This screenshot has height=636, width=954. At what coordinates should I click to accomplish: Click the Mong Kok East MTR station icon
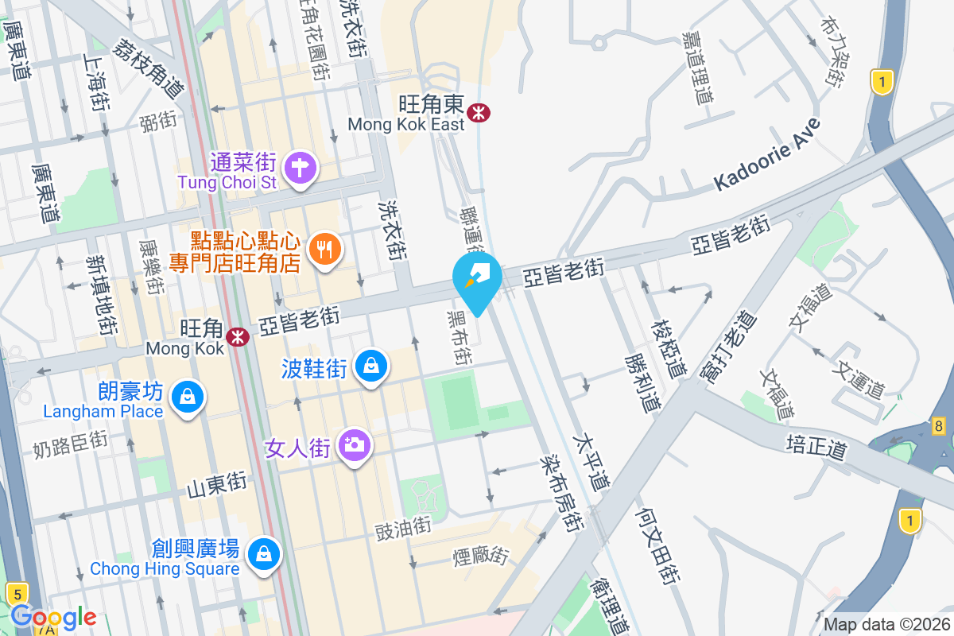pos(479,112)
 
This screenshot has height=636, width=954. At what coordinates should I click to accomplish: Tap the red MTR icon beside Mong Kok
pos(237,336)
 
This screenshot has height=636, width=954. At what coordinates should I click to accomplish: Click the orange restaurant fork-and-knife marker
pos(324,249)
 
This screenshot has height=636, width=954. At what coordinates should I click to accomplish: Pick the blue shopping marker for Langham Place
pos(188,396)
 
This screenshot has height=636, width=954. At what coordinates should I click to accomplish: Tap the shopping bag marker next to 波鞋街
pos(370,366)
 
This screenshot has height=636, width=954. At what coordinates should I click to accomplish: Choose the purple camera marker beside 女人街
pos(354,444)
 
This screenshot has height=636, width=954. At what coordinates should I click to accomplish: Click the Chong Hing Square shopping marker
pos(262,554)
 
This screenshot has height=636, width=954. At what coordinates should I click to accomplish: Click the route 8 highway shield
pos(939,427)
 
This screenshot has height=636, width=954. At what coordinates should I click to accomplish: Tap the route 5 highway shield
pos(16,592)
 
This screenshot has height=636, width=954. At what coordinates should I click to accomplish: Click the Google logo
pos(53,617)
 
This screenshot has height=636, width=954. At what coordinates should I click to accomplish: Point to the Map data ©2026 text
pos(886,624)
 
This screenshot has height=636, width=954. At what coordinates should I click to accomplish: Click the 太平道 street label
pos(592,461)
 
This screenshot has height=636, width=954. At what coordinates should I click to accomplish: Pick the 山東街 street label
pos(216,484)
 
